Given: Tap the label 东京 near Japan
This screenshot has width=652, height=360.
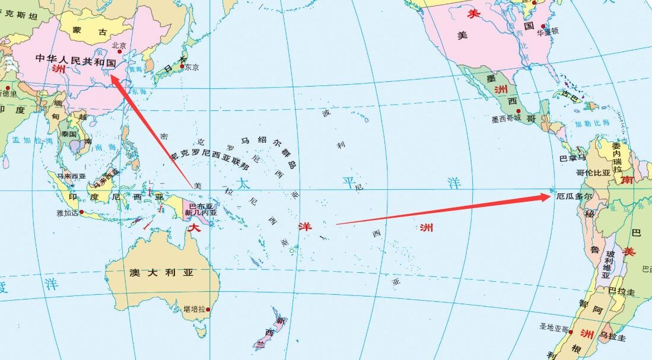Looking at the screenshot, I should (192, 67).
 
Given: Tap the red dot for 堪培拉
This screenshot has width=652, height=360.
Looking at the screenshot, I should (208, 309).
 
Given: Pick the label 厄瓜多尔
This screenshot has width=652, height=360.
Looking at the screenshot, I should (575, 195).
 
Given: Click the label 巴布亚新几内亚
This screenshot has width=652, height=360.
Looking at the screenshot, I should (201, 209).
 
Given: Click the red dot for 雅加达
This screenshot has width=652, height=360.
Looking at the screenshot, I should (81, 212).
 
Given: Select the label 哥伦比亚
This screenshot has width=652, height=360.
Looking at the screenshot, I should (593, 173).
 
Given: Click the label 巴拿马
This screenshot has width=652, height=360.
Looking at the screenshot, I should (573, 158).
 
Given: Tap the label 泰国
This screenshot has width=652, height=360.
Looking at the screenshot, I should (69, 134).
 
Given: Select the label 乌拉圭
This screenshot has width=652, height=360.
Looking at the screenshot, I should (612, 337).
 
